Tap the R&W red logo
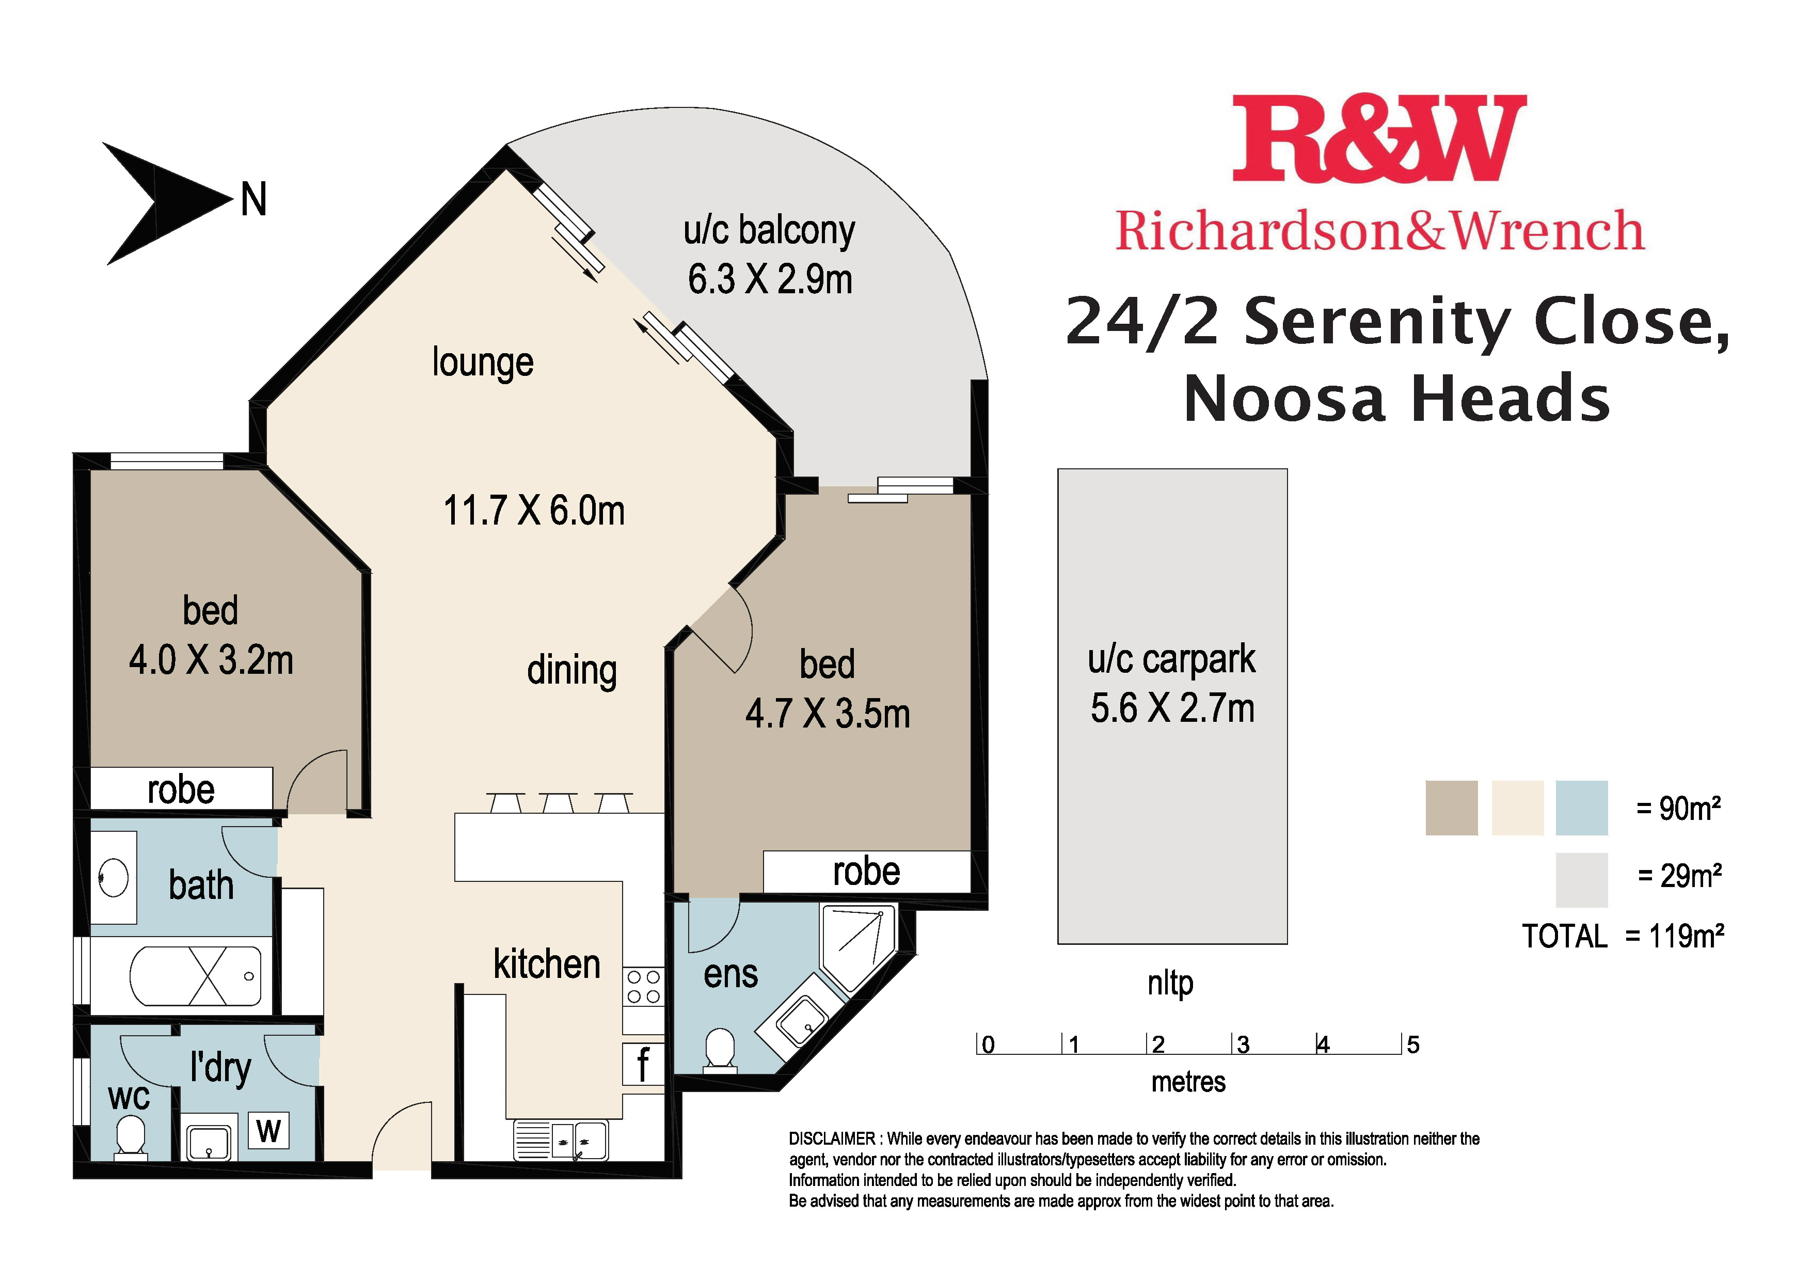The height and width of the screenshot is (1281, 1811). click(x=1379, y=139)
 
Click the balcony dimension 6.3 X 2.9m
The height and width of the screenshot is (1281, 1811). click(x=770, y=280)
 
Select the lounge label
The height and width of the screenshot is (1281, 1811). click(x=483, y=363)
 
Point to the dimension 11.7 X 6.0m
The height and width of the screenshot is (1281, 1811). click(x=534, y=510)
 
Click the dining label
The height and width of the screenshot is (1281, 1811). click(x=572, y=671)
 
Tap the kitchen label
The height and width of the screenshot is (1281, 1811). click(x=547, y=964)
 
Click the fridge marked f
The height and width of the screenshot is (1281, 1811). click(x=643, y=1064)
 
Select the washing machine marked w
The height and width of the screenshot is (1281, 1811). click(x=269, y=1130)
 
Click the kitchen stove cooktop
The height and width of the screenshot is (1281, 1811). click(x=643, y=987)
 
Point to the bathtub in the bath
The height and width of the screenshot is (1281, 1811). click(x=196, y=976)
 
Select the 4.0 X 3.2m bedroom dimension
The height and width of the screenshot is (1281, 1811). click(x=211, y=660)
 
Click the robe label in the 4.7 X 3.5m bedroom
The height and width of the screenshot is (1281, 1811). click(x=866, y=872)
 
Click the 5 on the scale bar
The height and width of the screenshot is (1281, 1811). click(x=1412, y=1045)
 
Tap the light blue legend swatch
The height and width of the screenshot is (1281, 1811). click(x=1581, y=808)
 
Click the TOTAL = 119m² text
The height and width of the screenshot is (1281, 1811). click(x=1623, y=936)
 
